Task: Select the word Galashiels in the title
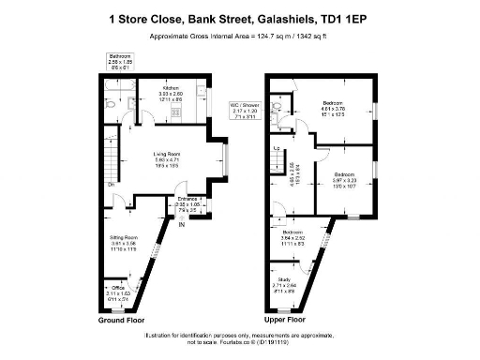(282, 17)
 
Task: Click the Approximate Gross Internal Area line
(239, 37)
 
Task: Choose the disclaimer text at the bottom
(240, 338)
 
